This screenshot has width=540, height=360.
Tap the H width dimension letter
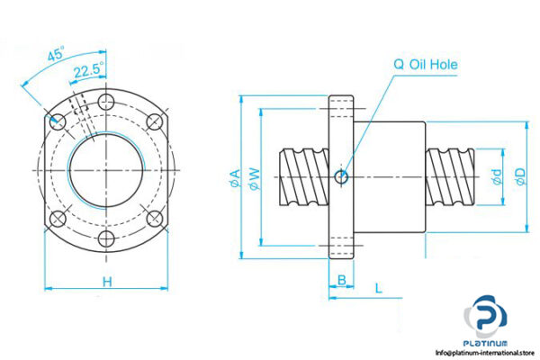[106, 282]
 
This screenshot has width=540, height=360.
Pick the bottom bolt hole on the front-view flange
[107, 238]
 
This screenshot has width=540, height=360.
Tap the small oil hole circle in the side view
[341, 176]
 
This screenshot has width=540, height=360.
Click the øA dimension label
[236, 176]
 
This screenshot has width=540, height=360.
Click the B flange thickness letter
[341, 280]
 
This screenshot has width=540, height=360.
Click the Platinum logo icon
[487, 319]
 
